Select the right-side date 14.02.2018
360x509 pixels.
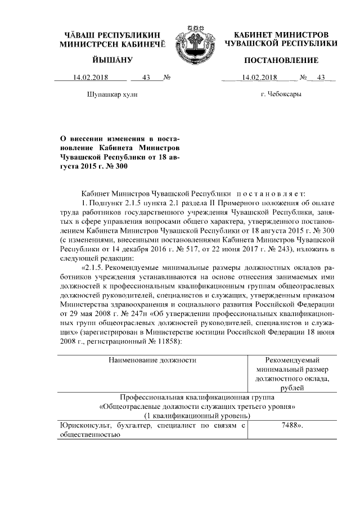[256, 78]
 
